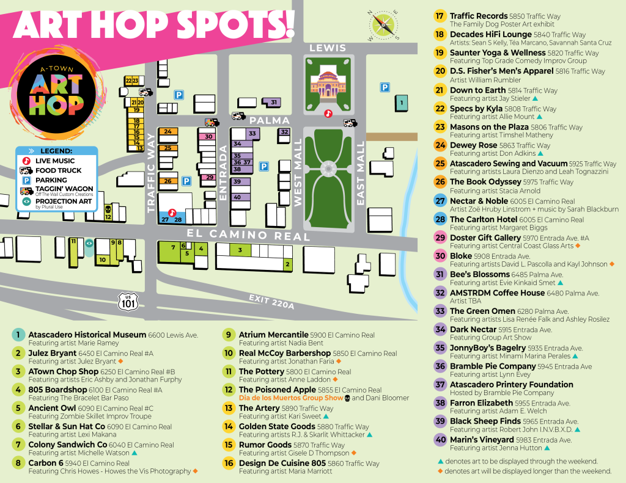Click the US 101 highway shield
tap(128, 300)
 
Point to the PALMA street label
tap(269, 120)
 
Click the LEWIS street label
tap(328, 48)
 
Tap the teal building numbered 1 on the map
tap(401, 103)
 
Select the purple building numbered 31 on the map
tap(273, 102)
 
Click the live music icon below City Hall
tap(328, 113)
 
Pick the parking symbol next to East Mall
tap(385, 87)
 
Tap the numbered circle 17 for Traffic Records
tap(440, 16)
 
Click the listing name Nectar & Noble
tap(479, 201)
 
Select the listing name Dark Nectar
tap(473, 329)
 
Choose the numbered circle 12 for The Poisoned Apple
tap(229, 390)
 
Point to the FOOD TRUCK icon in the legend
tap(27, 171)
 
